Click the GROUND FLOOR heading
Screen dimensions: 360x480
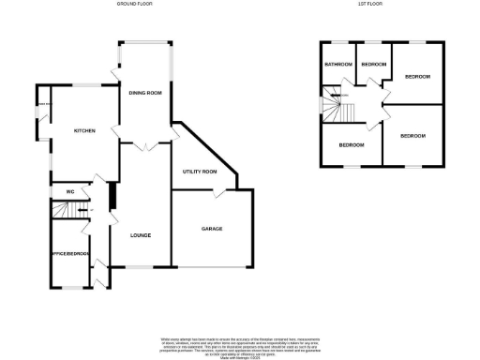pyautogui.click(x=135, y=4)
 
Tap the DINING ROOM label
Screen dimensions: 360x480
pyautogui.click(x=145, y=93)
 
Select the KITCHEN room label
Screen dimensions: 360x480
pyautogui.click(x=85, y=131)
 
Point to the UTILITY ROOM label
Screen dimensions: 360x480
pyautogui.click(x=200, y=172)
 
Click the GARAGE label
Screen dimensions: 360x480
pyautogui.click(x=212, y=228)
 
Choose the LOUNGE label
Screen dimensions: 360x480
pyautogui.click(x=142, y=234)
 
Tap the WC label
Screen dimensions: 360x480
pyautogui.click(x=69, y=192)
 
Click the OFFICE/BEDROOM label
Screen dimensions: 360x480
pyautogui.click(x=70, y=253)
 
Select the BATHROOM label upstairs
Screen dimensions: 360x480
pyautogui.click(x=337, y=64)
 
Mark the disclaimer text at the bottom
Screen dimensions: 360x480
pyautogui.click(x=239, y=344)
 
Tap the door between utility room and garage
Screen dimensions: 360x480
pyautogui.click(x=217, y=193)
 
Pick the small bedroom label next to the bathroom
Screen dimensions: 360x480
pyautogui.click(x=374, y=64)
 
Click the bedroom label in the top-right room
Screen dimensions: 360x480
pyautogui.click(x=417, y=76)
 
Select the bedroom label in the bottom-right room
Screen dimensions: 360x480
pyautogui.click(x=412, y=136)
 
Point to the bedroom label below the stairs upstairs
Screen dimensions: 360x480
pyautogui.click(x=351, y=145)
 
